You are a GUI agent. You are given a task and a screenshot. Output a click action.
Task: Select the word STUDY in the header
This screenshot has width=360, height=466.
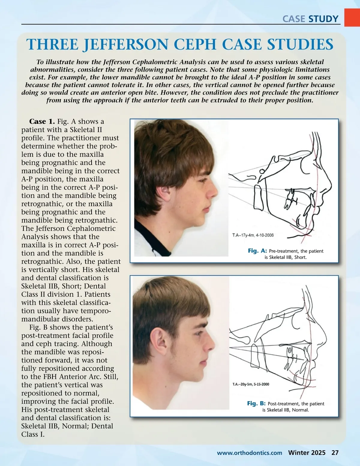pos(323,19)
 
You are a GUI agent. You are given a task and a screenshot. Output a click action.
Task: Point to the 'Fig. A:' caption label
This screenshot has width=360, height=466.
pos(257,251)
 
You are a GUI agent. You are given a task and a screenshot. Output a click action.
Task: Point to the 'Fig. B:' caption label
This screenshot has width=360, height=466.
pos(256,403)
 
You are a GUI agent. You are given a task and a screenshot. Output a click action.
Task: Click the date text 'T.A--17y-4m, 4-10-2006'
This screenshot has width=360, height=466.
pos(253,235)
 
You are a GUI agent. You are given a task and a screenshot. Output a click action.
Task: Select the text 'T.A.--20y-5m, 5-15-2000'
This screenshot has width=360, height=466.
pos(251,384)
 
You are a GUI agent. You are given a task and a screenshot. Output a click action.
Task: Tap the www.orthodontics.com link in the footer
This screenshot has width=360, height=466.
pos(249,453)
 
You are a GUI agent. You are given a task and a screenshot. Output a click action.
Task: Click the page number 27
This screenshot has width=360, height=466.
pos(335,453)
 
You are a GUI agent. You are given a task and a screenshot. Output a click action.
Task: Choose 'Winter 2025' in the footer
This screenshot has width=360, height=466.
pos(307,453)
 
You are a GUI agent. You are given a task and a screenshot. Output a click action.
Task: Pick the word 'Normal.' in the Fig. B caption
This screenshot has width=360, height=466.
pos(300,410)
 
